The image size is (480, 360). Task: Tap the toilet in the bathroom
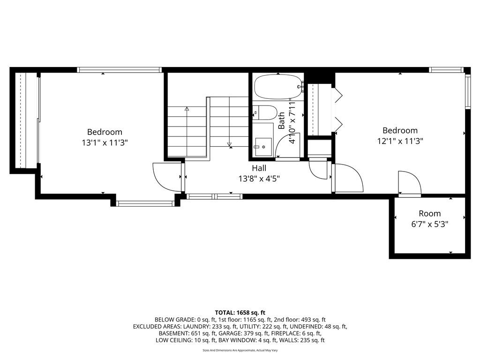pos(265,112)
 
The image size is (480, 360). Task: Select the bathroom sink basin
pos(263,147)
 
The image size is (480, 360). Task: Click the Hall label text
pos(259,168)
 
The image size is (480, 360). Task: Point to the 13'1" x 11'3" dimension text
pos(105,142)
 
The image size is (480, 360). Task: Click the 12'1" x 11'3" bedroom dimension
pos(400,141)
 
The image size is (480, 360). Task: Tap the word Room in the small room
pos(430,213)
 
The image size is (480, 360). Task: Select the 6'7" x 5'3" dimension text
pos(430,225)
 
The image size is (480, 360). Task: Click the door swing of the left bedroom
pos(168,178)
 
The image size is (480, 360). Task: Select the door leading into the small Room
pos(410,183)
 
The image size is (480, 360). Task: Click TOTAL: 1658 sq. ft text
pos(240,313)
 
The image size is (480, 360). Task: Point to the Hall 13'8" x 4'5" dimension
pos(259,179)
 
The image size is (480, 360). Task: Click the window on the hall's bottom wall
pos(214,196)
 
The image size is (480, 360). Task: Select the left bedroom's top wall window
pos(120,70)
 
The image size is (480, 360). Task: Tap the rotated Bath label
pos(281,120)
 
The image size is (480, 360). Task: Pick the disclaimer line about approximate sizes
pos(240,350)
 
